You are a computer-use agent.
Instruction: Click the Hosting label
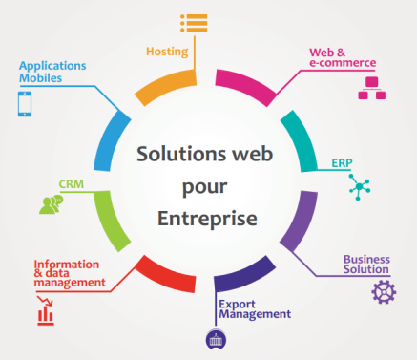click(167, 51)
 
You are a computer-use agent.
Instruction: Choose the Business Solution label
click(366, 265)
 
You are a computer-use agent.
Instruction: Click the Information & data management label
click(69, 273)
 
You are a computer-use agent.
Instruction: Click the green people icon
click(51, 202)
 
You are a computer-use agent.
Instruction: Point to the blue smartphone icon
click(25, 103)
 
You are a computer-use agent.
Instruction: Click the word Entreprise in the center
click(209, 219)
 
